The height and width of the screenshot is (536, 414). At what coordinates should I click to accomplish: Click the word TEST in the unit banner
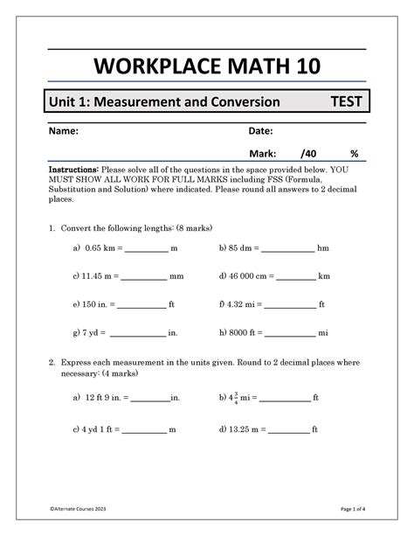pos(347,102)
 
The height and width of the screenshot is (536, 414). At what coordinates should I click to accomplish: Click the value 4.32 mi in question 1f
pos(246,304)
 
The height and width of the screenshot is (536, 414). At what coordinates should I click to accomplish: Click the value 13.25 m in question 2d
pos(248,430)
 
